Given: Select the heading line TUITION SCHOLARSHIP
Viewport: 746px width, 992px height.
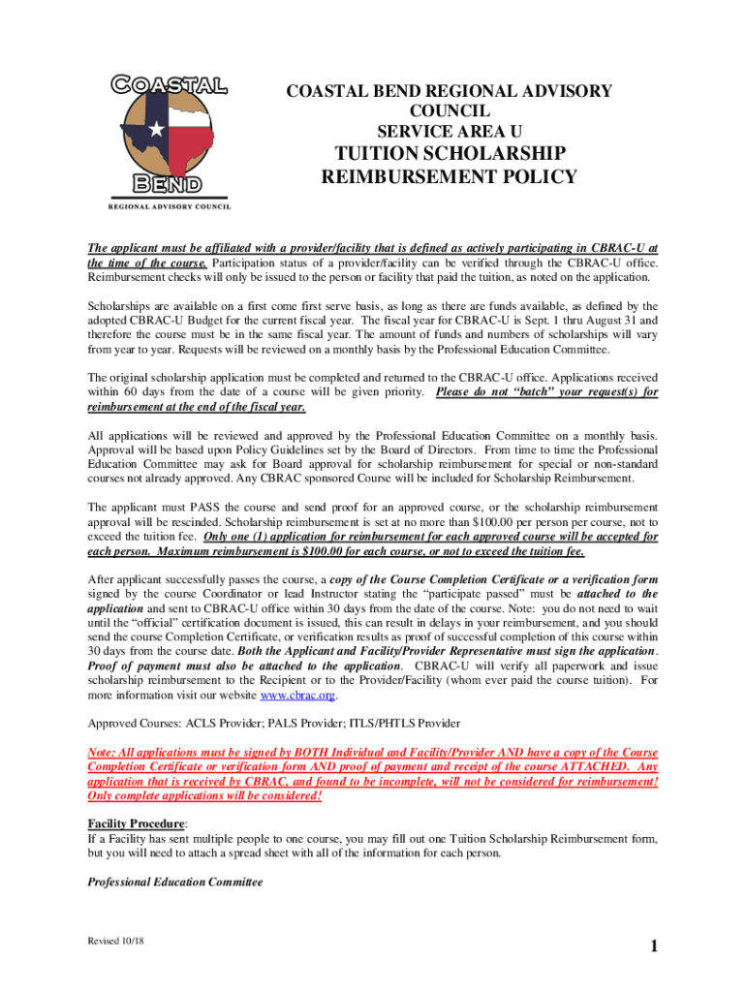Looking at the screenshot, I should point(449,153).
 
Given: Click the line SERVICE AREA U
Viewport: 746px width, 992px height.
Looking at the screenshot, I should point(449,130).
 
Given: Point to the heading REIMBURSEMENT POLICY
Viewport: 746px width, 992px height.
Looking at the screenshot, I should point(449,177).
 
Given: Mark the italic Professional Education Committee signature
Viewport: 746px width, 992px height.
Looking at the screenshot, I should point(175,883).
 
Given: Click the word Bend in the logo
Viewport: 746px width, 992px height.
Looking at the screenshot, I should point(169,183).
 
